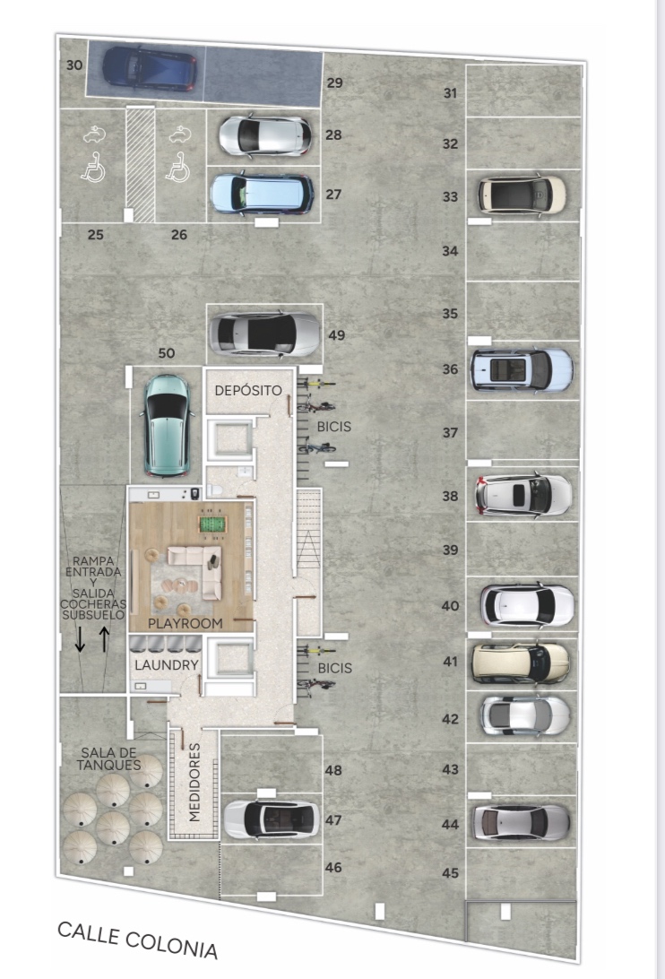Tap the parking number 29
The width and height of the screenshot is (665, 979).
pyautogui.click(x=334, y=82)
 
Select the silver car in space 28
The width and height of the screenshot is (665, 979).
pyautogui.click(x=264, y=134)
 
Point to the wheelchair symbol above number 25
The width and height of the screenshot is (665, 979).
pyautogui.click(x=93, y=168)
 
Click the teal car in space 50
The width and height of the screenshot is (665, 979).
pyautogui.click(x=167, y=425)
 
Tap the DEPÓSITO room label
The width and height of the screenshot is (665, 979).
pyautogui.click(x=248, y=391)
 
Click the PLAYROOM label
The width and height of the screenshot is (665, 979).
pyautogui.click(x=185, y=623)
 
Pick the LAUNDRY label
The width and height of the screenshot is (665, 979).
pyautogui.click(x=166, y=665)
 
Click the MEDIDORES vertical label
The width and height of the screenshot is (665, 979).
pyautogui.click(x=194, y=782)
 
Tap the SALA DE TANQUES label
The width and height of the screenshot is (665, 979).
pyautogui.click(x=108, y=758)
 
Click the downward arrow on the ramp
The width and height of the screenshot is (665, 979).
pyautogui.click(x=80, y=638)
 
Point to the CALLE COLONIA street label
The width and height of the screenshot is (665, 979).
pyautogui.click(x=137, y=940)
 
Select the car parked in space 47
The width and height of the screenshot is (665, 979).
pyautogui.click(x=272, y=819)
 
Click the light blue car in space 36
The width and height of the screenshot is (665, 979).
pyautogui.click(x=522, y=370)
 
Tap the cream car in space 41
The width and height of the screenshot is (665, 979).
pyautogui.click(x=520, y=663)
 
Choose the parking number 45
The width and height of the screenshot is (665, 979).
pyautogui.click(x=450, y=873)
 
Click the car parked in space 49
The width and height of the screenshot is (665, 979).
pyautogui.click(x=264, y=334)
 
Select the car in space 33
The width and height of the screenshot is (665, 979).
pyautogui.click(x=522, y=195)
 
